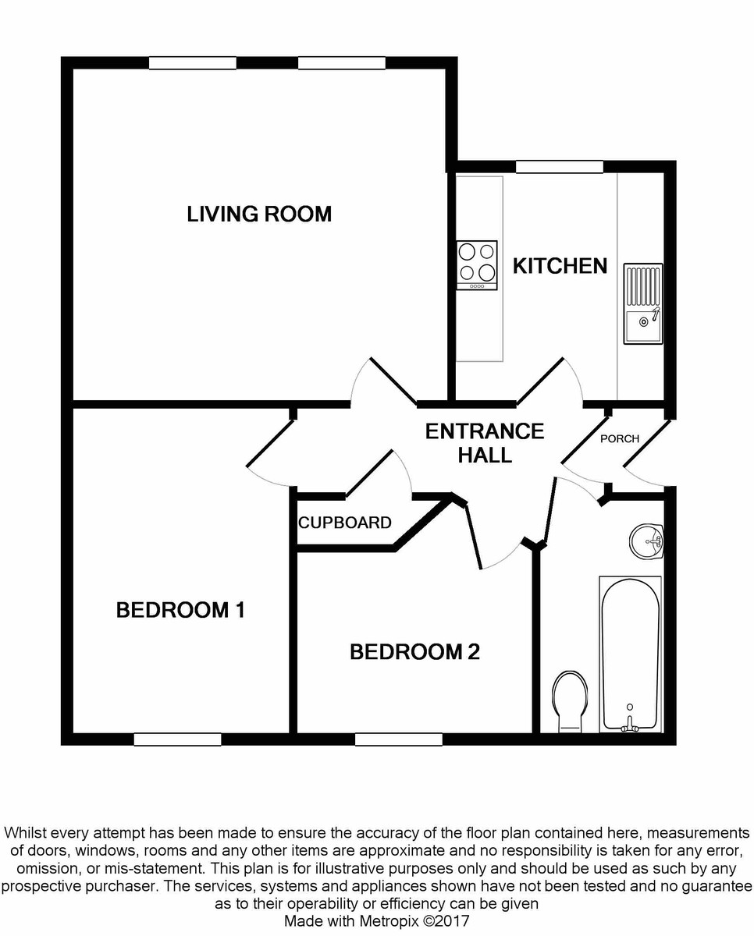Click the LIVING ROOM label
coord(259,214)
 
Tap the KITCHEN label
coord(560,266)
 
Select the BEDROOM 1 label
coord(180,610)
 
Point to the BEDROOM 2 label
coord(414,652)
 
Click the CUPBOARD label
coord(344,523)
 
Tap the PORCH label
coord(619,438)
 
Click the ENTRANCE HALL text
coord(484,443)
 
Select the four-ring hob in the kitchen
coord(477,264)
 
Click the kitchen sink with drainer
coord(642,303)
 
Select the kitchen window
coord(559,166)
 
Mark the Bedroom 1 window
coord(177,739)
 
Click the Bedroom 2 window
coord(398,739)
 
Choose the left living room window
coord(192,63)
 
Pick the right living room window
coord(341,63)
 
